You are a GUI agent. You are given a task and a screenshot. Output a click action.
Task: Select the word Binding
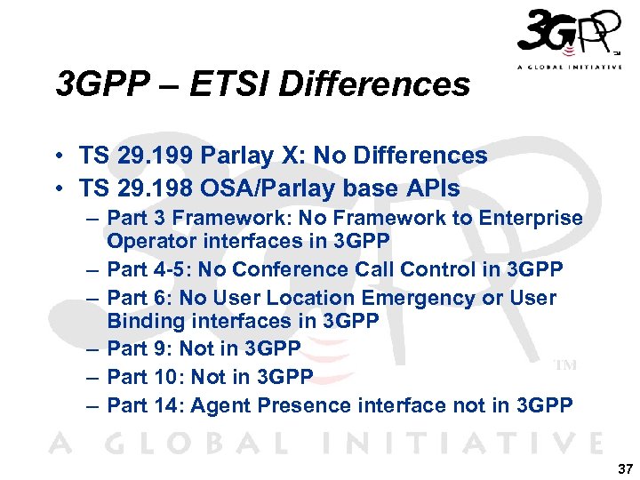coord(142,320)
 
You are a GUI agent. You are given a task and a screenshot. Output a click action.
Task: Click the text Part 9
coord(140,348)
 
